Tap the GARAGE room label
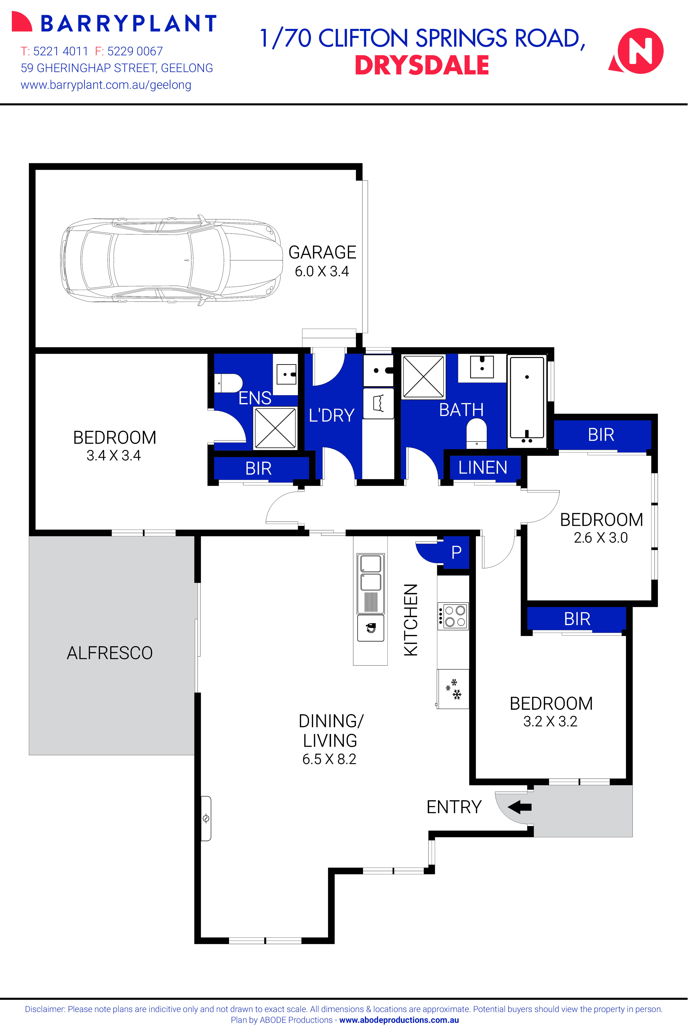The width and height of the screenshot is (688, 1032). click(322, 252)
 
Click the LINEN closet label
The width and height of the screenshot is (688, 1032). click(483, 468)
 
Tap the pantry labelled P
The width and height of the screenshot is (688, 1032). click(456, 552)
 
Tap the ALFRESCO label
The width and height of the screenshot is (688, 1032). click(110, 653)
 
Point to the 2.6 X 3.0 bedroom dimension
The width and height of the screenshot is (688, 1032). click(601, 537)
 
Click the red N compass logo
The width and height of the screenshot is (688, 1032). click(638, 51)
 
